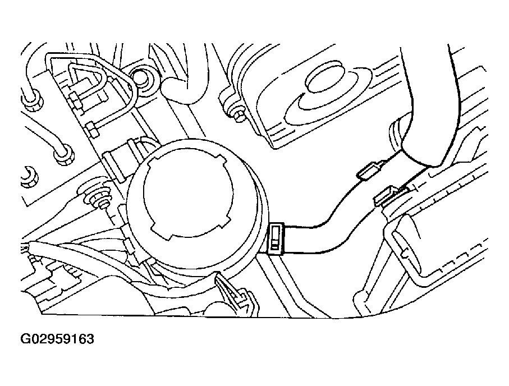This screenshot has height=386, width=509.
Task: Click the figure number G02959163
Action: [57, 339]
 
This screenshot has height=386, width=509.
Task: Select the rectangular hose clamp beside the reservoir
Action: [277, 238]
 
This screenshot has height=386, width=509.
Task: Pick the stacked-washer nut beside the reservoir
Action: [100, 198]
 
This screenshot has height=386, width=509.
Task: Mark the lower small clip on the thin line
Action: [387, 196]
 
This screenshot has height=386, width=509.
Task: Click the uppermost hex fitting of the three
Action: [32, 99]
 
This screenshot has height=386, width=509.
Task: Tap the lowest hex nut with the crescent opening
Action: [29, 176]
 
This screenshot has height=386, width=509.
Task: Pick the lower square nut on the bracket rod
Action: [92, 129]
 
